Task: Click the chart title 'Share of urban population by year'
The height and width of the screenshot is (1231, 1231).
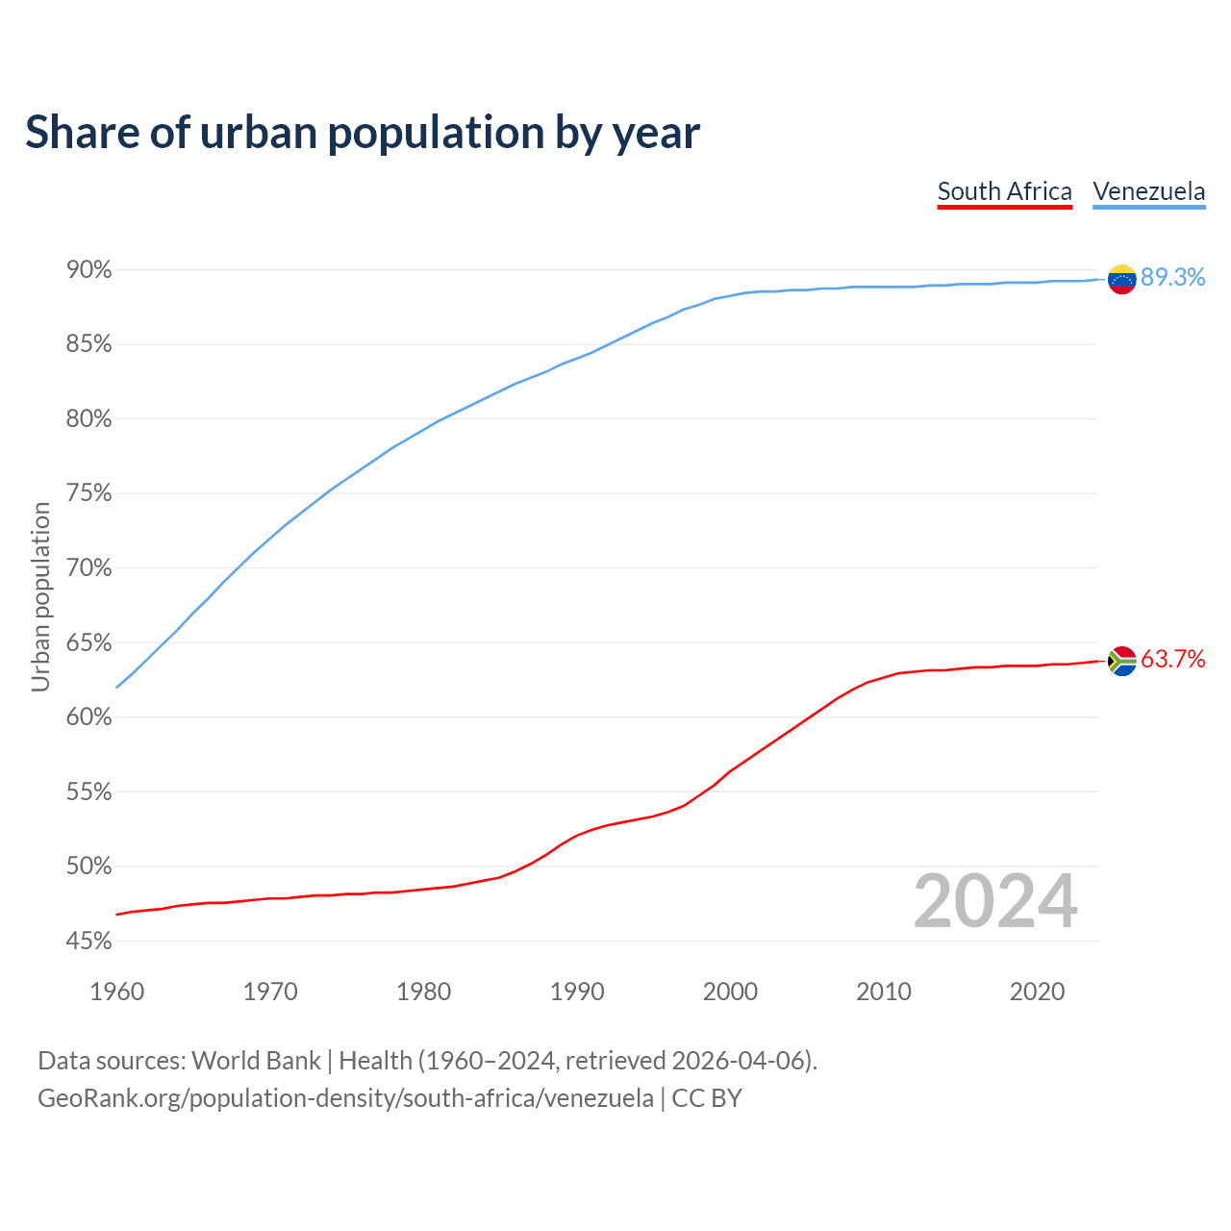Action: tap(363, 132)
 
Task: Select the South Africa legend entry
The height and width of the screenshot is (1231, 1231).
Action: tap(1004, 191)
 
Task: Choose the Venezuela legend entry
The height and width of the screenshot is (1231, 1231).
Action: tap(1148, 191)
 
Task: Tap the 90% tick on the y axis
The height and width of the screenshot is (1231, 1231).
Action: tap(89, 270)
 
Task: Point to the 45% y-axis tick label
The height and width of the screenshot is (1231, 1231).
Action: tap(89, 941)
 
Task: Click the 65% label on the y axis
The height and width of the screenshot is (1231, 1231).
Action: tap(89, 642)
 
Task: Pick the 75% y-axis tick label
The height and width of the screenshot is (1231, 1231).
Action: tap(89, 493)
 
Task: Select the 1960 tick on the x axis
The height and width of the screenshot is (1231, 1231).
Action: tap(116, 992)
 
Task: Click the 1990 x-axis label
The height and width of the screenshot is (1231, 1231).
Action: tap(577, 992)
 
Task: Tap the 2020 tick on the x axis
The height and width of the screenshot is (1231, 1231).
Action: tap(1037, 992)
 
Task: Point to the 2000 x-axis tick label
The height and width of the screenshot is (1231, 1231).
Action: tap(730, 992)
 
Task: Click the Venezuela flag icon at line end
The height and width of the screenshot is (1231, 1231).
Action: tap(1121, 279)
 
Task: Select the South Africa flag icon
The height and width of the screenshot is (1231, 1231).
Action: tap(1121, 661)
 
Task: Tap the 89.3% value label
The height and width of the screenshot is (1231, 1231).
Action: tap(1172, 277)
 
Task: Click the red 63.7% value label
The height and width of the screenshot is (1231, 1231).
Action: tap(1172, 659)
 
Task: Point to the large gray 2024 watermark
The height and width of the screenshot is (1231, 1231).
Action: tap(995, 901)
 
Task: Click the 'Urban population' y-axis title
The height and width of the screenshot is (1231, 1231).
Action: tap(40, 596)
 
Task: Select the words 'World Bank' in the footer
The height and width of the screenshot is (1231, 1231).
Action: tap(256, 1060)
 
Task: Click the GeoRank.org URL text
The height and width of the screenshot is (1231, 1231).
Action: tap(345, 1097)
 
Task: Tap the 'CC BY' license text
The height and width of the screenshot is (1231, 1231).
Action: tap(707, 1097)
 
